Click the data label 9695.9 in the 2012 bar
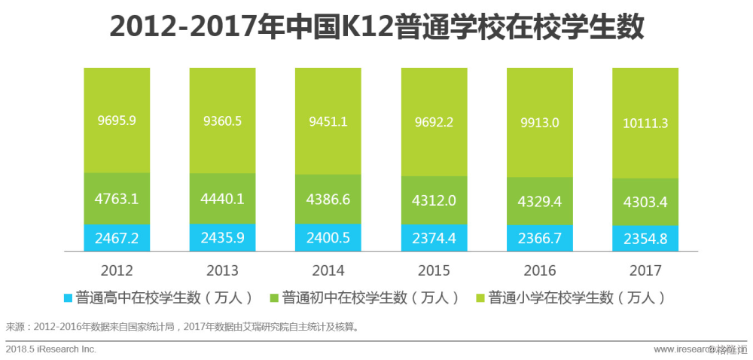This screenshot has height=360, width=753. tap(117, 119)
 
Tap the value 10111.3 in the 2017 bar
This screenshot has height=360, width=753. tap(645, 124)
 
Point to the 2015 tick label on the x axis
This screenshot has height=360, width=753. tap(434, 270)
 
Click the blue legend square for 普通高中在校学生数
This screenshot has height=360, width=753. tap(69, 298)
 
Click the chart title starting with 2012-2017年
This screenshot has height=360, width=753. tap(376, 27)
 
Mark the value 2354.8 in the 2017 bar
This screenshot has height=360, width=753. tap(645, 239)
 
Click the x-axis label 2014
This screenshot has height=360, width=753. tap(328, 270)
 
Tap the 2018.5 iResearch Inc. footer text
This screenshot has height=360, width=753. tap(51, 349)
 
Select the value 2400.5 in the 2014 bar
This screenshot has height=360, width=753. tap(328, 239)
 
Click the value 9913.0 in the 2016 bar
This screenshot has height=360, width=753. tap(539, 122)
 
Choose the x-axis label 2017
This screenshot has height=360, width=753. tap(645, 270)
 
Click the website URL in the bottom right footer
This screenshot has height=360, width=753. tap(689, 349)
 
